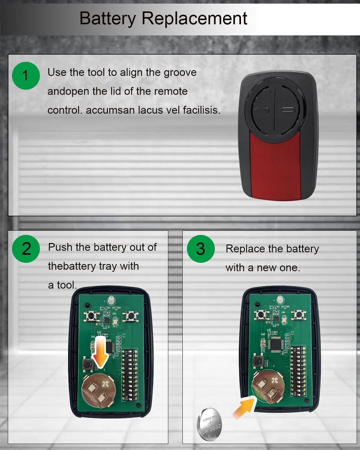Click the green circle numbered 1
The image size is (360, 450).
[26, 76]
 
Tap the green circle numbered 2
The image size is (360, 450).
[26, 249]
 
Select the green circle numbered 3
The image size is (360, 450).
[201, 249]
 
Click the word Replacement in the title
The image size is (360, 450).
[194, 18]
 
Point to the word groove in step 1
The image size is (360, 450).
[180, 73]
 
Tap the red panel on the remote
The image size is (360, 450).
[275, 167]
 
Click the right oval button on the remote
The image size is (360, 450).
[287, 110]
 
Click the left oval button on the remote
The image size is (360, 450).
[262, 110]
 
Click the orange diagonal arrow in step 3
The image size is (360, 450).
[244, 407]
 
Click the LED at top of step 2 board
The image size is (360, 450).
[111, 301]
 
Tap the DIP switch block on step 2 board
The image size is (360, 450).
[130, 375]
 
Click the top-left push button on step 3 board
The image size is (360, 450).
[261, 314]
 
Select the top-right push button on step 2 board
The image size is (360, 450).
[131, 316]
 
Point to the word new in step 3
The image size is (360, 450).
[267, 268]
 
